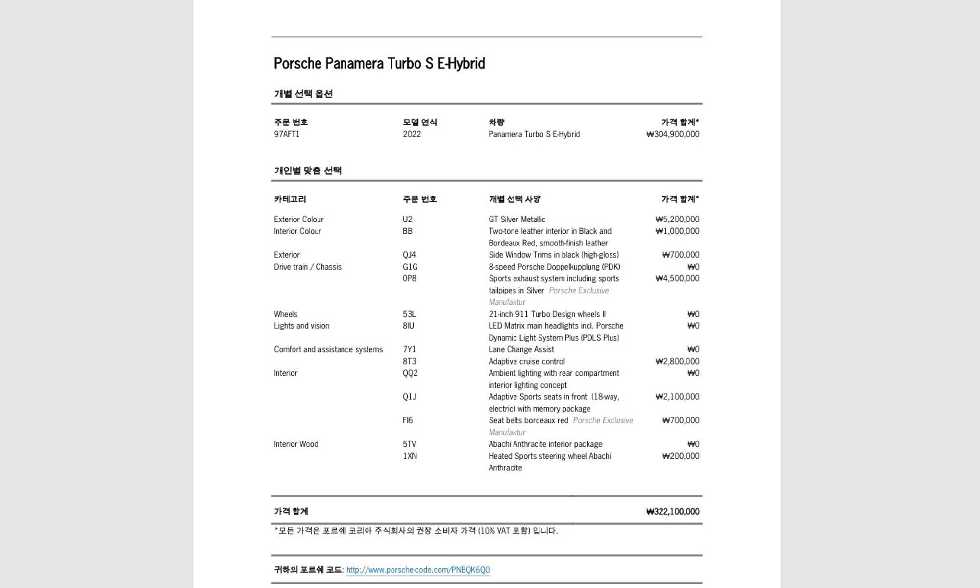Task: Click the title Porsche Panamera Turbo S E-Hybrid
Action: pos(379,64)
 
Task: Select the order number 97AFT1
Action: pos(287,134)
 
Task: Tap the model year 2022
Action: pos(412,134)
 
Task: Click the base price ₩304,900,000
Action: pos(673,134)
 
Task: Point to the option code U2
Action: pos(407,220)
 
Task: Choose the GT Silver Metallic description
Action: pos(516,220)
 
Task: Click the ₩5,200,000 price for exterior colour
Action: pos(677,220)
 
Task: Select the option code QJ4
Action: pos(409,255)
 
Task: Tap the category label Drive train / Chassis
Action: pos(308,267)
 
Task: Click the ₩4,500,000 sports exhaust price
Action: pos(677,278)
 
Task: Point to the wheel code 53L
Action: pos(409,314)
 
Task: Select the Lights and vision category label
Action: pos(301,326)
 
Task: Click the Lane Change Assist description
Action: pos(521,349)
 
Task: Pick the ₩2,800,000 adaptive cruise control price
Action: pos(677,361)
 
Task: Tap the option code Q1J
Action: pos(409,397)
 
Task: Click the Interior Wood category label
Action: pos(296,444)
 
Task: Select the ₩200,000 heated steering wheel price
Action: pos(681,456)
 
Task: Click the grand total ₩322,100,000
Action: pos(673,512)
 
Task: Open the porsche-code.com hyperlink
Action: pos(418,570)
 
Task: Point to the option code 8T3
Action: pos(409,361)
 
